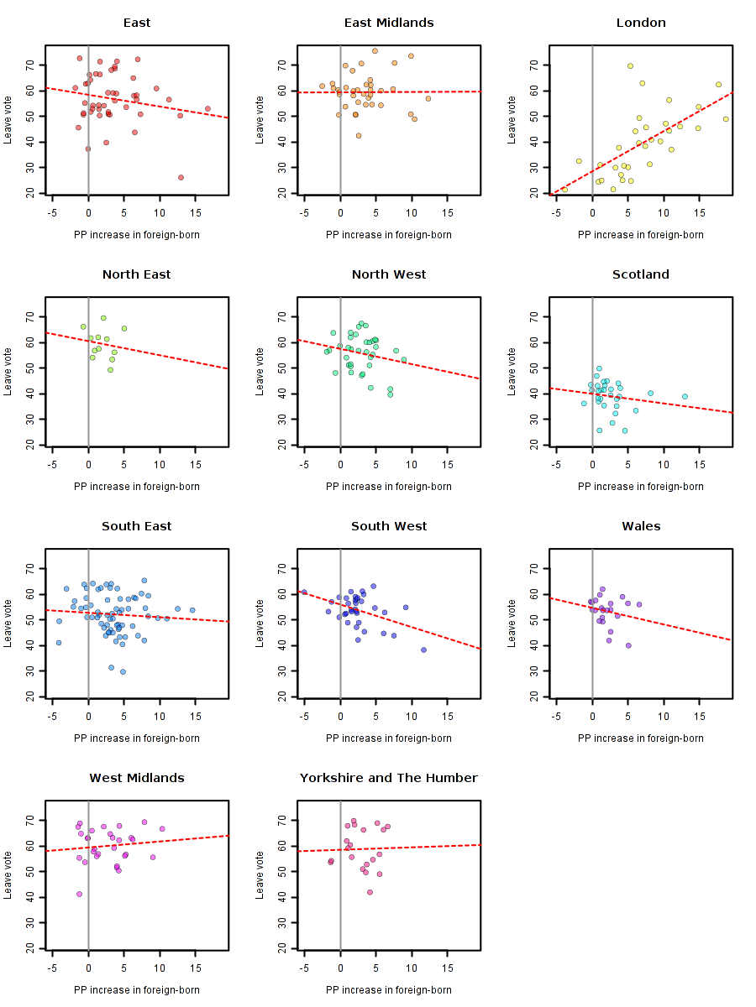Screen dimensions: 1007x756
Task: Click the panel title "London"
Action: tap(640, 23)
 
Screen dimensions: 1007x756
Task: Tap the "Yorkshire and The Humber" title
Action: tap(388, 778)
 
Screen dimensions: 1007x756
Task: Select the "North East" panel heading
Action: tap(136, 274)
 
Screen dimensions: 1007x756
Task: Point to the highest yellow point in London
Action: tap(630, 66)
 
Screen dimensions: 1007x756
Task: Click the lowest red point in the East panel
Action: tap(181, 177)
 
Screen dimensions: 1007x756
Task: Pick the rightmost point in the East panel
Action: tap(207, 108)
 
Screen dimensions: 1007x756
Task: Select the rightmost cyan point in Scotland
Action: tap(685, 397)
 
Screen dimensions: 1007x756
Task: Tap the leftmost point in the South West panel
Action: tap(304, 592)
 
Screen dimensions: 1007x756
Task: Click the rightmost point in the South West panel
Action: tap(423, 650)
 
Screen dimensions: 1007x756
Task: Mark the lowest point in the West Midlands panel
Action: tap(79, 894)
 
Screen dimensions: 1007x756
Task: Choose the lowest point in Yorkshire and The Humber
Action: tap(370, 892)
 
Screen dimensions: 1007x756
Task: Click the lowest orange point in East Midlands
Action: tap(359, 135)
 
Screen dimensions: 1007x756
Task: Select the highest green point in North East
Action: tap(103, 318)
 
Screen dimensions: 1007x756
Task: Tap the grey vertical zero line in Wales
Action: tap(593, 671)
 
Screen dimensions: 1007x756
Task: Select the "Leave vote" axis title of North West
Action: tap(260, 371)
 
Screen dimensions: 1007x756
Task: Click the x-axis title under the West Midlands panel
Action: tap(136, 990)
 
